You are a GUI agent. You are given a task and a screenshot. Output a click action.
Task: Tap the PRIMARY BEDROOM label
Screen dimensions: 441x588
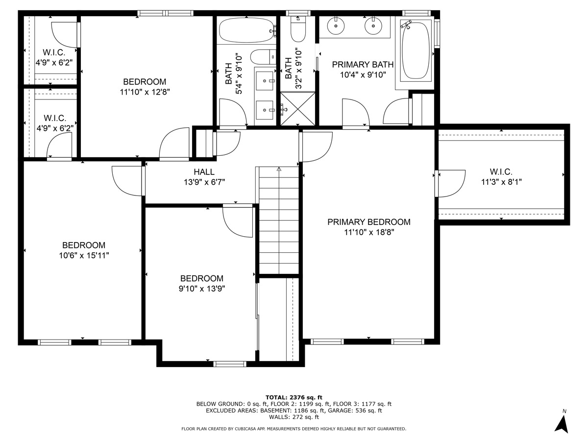tap(368, 222)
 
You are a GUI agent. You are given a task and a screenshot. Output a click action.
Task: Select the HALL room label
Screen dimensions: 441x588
tap(204, 172)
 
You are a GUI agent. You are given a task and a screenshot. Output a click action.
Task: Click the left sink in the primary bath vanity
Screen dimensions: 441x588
tap(336, 25)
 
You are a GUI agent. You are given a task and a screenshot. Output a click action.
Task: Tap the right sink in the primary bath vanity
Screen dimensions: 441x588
tap(373, 25)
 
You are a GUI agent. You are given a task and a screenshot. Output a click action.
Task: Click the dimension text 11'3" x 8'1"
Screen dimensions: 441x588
tap(501, 182)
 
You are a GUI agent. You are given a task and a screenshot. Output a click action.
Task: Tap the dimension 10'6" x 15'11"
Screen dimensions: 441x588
tap(83, 255)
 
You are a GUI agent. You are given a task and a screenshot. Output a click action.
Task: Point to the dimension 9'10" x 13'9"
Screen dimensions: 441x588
tap(201, 288)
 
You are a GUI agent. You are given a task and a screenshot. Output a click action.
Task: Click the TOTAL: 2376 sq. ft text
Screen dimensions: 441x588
tap(294, 397)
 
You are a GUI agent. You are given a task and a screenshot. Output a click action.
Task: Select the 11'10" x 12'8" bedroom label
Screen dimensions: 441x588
tap(145, 92)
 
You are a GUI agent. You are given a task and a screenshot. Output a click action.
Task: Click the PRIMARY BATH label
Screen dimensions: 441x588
tap(363, 65)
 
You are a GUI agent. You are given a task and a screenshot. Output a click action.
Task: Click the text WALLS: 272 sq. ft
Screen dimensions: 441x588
tap(294, 417)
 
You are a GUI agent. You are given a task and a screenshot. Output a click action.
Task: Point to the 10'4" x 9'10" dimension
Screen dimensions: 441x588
tap(363, 75)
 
